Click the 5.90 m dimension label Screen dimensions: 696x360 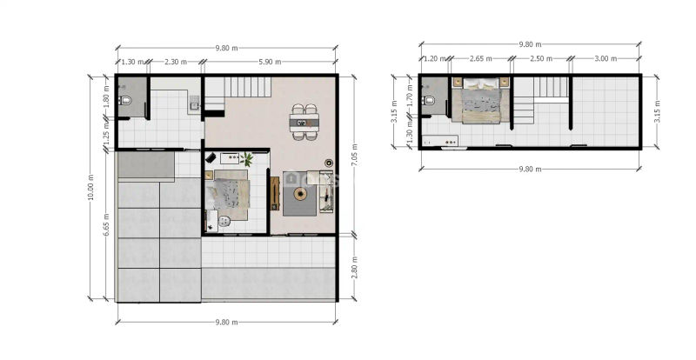[270, 62]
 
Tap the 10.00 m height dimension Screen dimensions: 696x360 [91, 187]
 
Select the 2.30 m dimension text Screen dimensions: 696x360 [176, 62]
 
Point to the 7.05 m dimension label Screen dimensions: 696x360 [354, 155]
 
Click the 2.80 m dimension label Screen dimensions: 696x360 [354, 268]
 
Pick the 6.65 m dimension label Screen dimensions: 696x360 [105, 224]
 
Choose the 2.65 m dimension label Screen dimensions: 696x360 [481, 58]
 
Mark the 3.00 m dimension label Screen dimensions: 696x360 [606, 58]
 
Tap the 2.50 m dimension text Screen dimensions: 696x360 [541, 58]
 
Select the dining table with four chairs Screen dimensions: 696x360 [304, 122]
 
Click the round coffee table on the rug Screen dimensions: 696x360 [300, 194]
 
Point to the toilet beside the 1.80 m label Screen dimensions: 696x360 [125, 101]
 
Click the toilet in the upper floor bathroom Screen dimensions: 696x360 [428, 100]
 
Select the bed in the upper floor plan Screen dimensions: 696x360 [481, 101]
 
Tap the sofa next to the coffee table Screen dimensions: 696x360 [326, 191]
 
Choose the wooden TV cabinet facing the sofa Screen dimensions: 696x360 [275, 194]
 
